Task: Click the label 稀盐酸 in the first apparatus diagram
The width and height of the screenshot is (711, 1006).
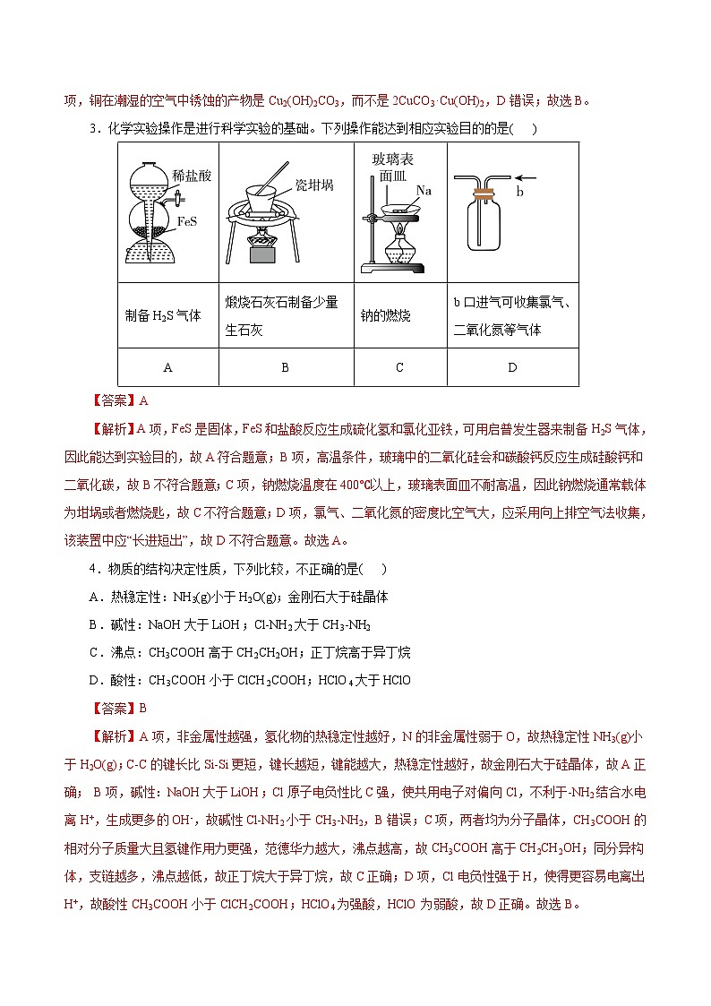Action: [x=193, y=176]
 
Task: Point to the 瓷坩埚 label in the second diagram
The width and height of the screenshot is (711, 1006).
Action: [x=314, y=185]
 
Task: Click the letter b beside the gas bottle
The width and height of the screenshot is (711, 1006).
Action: [x=520, y=192]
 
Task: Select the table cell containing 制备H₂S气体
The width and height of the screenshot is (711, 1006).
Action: [x=163, y=316]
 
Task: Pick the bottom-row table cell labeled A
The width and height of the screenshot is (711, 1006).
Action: [x=167, y=367]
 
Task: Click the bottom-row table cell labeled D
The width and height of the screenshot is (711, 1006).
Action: [x=512, y=367]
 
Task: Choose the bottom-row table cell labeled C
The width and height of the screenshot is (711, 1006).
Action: [x=399, y=367]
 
